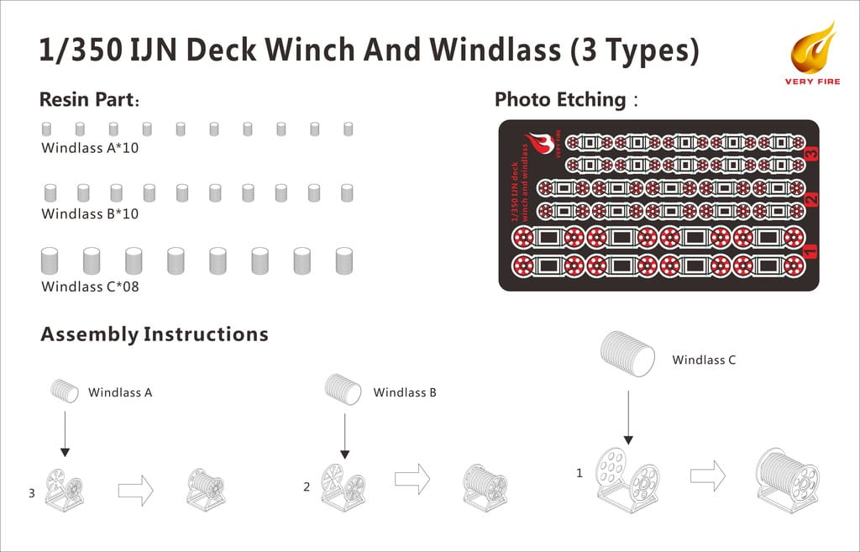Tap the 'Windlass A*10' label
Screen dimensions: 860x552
(90, 148)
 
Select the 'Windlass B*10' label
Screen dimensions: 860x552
(90, 213)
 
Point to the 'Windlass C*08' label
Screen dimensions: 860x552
(90, 287)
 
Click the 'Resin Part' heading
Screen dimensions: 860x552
(89, 100)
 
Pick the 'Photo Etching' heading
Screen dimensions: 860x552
(566, 99)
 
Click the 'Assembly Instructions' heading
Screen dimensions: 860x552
(155, 334)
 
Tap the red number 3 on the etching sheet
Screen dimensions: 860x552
(812, 153)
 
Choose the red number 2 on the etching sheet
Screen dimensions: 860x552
(812, 198)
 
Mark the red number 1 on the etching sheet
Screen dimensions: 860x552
(810, 251)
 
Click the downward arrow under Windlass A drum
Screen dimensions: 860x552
(65, 434)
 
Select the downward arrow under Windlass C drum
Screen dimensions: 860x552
(628, 418)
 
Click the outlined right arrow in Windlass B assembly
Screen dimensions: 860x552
(412, 478)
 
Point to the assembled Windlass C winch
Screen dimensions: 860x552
(788, 480)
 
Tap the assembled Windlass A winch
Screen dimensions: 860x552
(206, 489)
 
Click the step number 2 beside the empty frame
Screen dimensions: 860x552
(307, 486)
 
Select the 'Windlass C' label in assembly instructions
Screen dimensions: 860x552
(704, 360)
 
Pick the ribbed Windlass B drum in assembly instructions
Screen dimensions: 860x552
(343, 389)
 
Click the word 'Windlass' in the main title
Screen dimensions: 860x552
(496, 50)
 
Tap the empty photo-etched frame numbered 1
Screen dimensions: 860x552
(627, 482)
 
